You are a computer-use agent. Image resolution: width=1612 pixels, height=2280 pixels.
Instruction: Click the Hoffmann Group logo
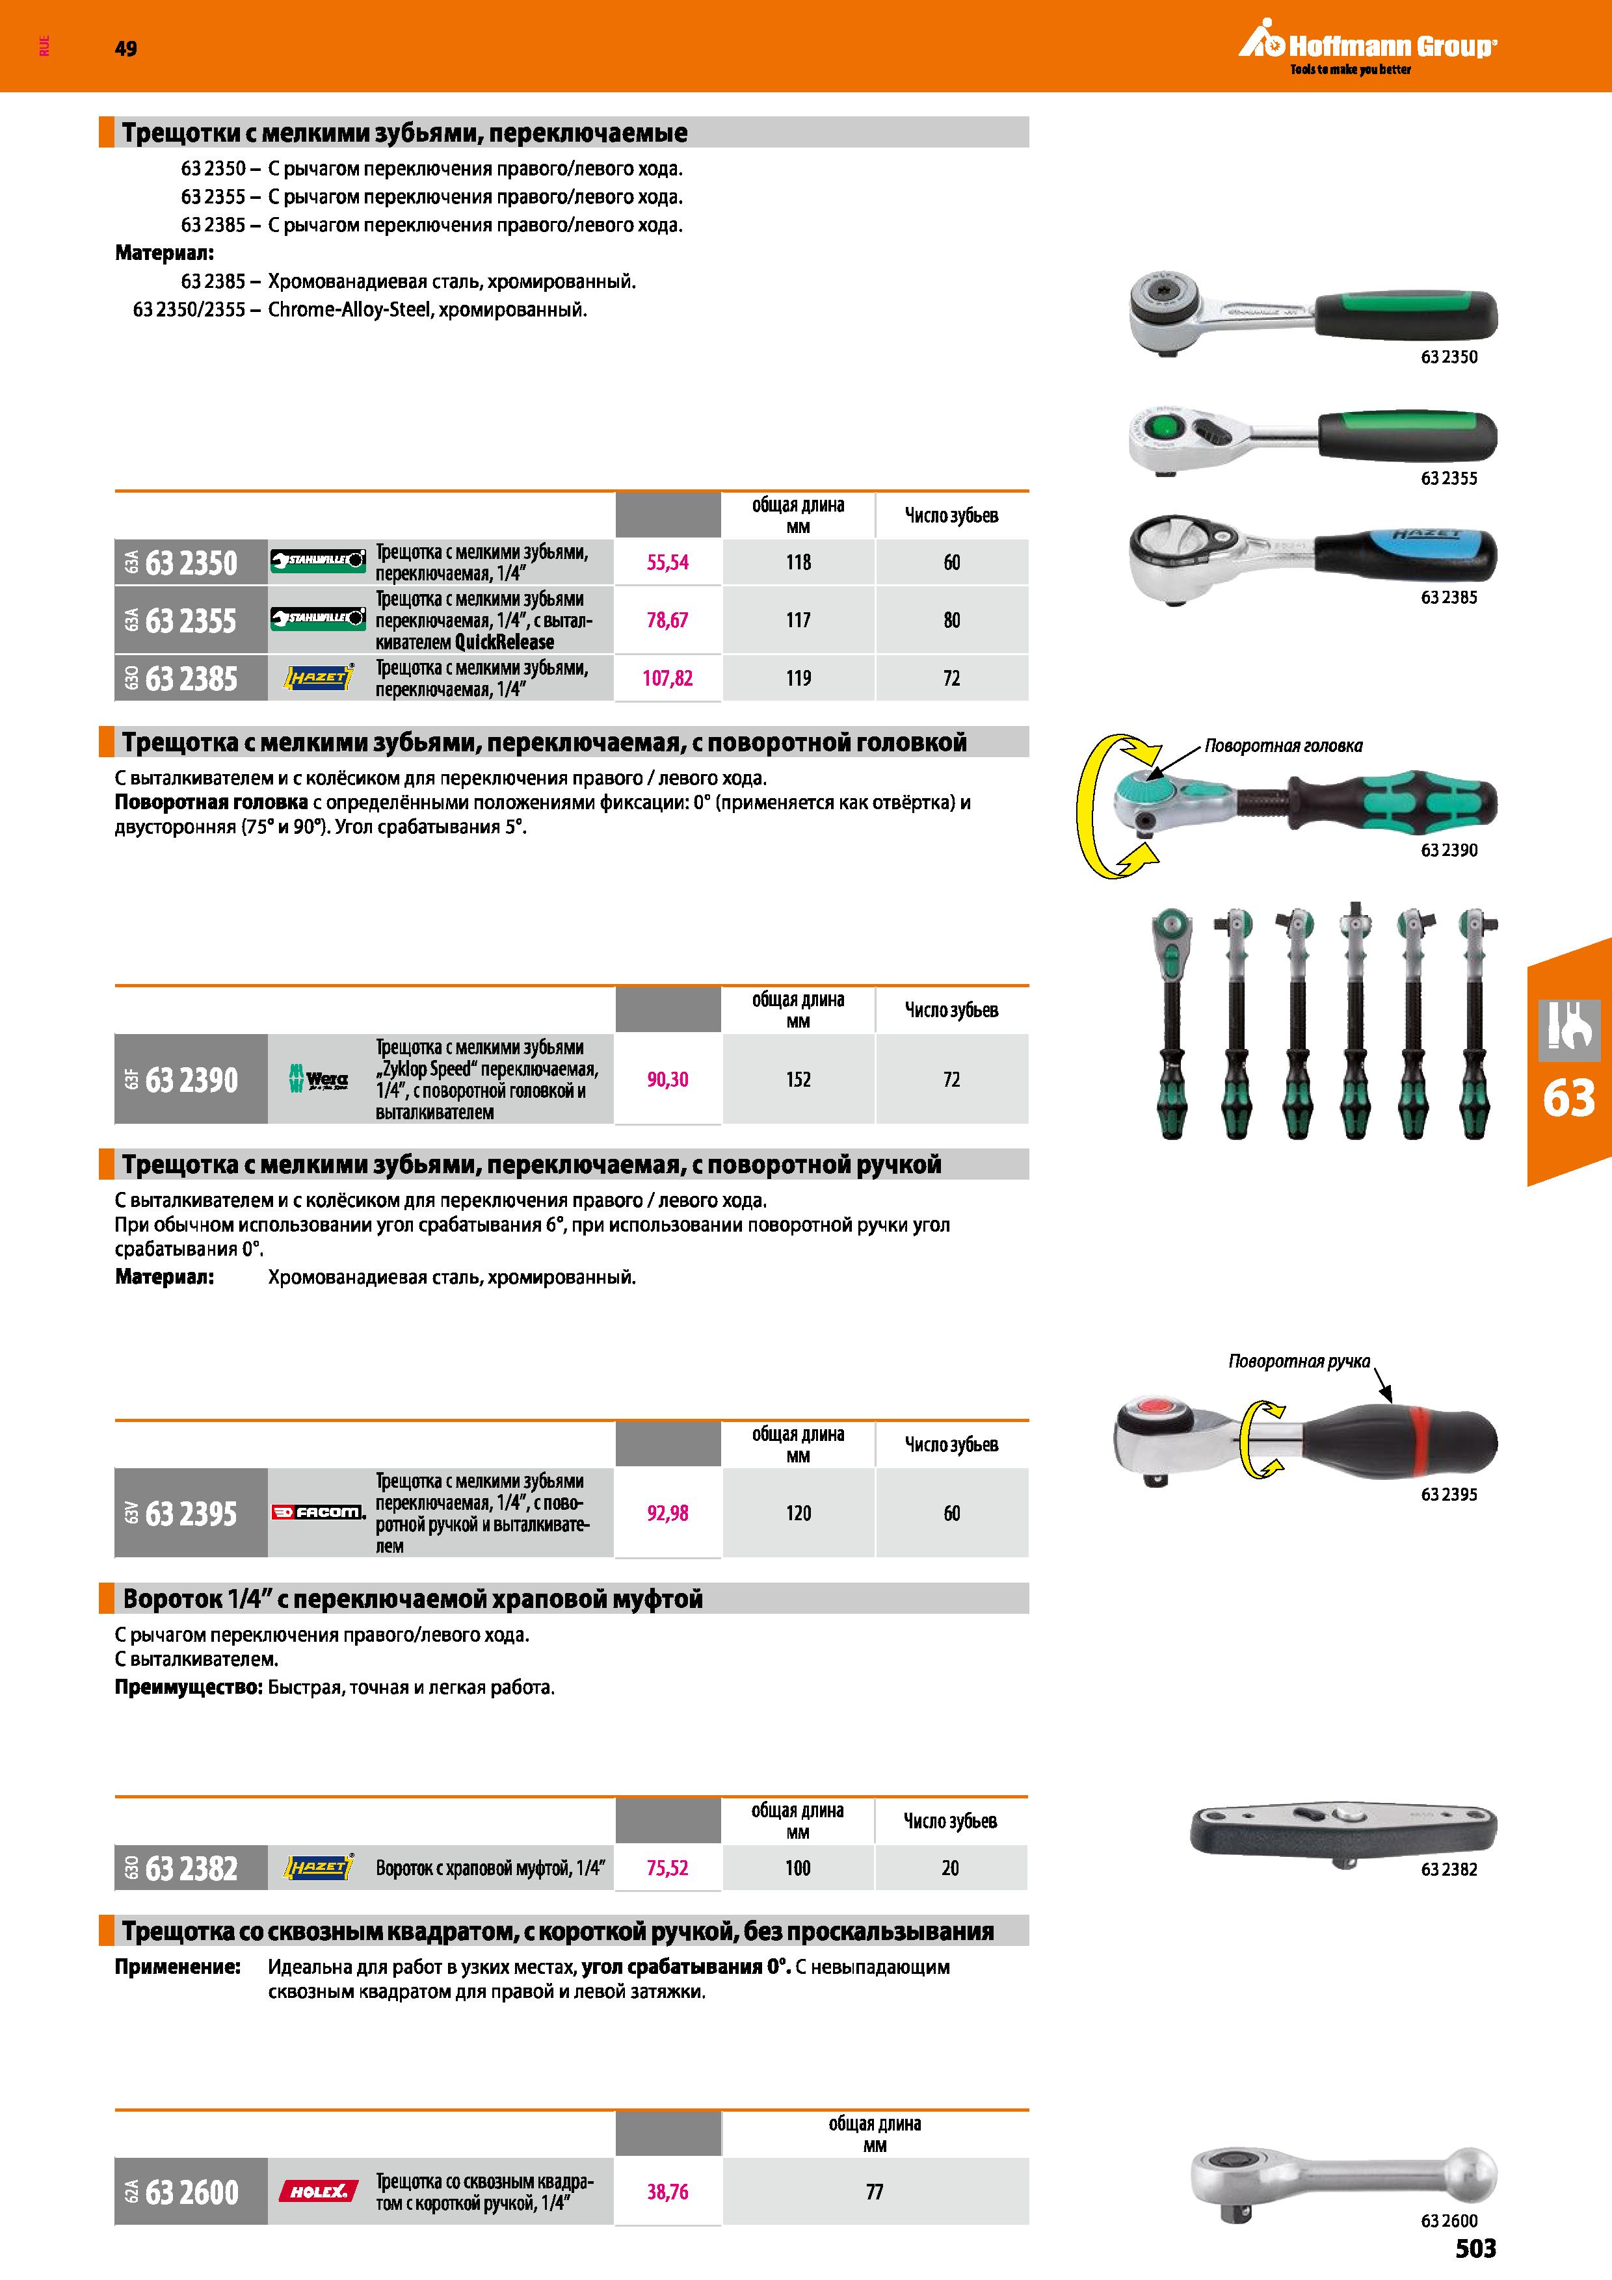coord(1368,49)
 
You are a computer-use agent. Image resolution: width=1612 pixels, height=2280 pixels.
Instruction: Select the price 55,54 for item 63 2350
coord(667,563)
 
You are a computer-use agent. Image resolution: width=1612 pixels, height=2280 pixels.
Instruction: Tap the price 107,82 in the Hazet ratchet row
coord(667,679)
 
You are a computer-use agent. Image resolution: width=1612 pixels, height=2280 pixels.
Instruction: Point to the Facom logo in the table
coord(318,1512)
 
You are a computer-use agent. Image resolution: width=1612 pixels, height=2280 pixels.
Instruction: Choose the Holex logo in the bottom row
coord(318,2190)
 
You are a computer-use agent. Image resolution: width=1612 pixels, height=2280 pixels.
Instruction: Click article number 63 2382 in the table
coord(192,1869)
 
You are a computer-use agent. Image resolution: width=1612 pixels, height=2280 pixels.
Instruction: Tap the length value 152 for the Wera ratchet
coord(799,1080)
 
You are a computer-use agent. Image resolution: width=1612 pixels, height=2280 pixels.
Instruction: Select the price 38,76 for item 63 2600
coord(667,2192)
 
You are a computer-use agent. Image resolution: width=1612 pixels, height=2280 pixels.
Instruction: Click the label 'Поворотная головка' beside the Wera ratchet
coord(1283,745)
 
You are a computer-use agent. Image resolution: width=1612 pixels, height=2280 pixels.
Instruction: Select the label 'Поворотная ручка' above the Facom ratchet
coord(1299,1362)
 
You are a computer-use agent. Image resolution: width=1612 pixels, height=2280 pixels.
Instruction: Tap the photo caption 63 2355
coord(1449,478)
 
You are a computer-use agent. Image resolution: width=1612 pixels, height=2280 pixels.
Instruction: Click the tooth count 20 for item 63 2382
coord(951,1869)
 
